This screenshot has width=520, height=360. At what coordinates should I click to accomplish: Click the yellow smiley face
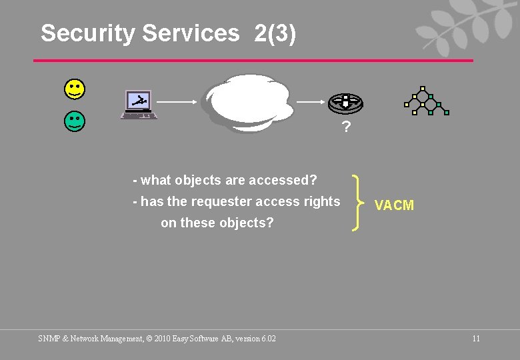point(75,87)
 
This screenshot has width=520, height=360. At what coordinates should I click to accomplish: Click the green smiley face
point(75,121)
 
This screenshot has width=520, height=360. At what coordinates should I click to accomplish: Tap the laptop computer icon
point(139,105)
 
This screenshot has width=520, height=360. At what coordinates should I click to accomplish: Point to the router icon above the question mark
point(345,102)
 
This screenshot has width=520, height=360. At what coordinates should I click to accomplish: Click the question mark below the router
point(345,127)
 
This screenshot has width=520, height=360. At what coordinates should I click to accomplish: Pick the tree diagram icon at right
point(427,101)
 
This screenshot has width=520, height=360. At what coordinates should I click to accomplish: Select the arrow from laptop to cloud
point(177,102)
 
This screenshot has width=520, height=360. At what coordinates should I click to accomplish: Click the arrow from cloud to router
point(310,102)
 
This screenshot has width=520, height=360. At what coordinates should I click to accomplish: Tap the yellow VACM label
point(394,205)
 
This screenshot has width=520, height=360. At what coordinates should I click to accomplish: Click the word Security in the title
point(87,33)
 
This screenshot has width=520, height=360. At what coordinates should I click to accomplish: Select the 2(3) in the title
point(275,33)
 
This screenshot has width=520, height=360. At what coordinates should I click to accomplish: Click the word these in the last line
point(199,223)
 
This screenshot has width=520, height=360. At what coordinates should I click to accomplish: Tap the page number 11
point(476,339)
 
